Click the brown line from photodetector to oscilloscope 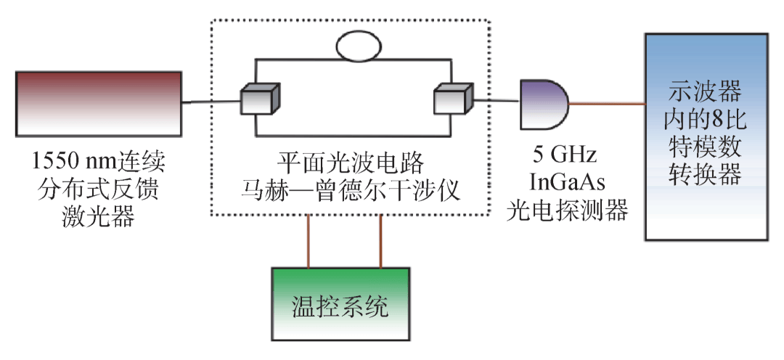coord(607,104)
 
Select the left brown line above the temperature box coord(309,241)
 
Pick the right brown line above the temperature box coord(380,241)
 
